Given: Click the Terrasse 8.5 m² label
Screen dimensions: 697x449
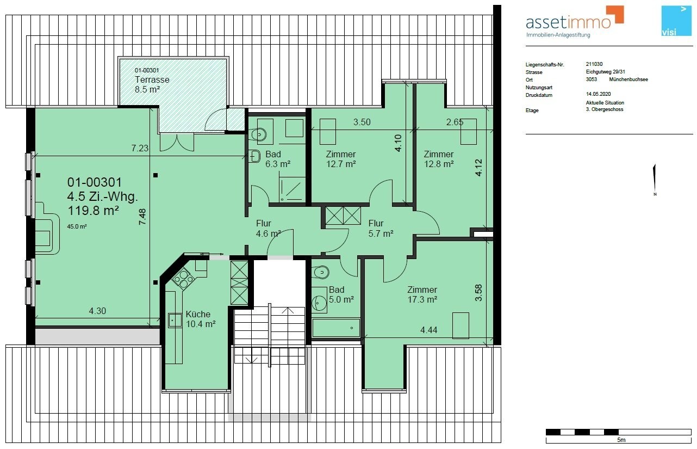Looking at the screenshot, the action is (x=152, y=84).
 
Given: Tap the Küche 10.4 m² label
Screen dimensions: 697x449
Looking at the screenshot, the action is (x=201, y=319).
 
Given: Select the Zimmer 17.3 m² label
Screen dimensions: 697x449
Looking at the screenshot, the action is (x=422, y=294).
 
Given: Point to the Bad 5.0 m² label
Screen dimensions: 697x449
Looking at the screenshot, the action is (x=341, y=294).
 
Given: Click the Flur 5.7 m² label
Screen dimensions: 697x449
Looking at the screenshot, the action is (x=381, y=229).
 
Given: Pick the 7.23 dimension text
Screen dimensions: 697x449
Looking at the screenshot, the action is (x=140, y=148).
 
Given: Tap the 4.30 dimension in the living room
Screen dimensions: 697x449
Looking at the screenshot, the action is (x=97, y=311).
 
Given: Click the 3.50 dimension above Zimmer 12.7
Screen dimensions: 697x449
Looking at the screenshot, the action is (x=362, y=122).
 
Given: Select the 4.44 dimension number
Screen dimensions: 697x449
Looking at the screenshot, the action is (x=429, y=330).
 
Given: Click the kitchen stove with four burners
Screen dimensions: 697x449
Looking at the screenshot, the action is (x=183, y=278).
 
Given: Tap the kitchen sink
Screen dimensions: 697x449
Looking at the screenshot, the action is (x=175, y=320).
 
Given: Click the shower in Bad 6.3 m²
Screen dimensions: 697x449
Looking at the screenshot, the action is (x=292, y=189).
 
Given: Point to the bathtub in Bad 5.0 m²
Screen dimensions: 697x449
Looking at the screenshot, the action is (x=336, y=328).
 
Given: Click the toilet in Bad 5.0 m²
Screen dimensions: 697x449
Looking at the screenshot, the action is (x=321, y=272).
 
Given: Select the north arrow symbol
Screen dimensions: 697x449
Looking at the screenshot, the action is (x=655, y=180).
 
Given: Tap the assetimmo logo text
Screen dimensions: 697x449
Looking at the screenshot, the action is (x=568, y=22).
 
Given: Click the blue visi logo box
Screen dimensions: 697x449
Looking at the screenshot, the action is (x=676, y=21).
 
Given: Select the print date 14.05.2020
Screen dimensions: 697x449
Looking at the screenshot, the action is (x=598, y=94).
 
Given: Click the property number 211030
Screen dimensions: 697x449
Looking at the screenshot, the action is (x=594, y=64).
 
